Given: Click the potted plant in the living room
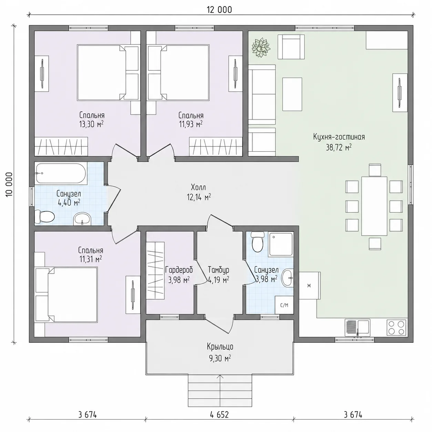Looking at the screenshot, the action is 261,48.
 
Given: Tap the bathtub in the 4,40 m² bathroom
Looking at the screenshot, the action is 61,173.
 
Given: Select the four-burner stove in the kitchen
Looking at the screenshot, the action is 397,328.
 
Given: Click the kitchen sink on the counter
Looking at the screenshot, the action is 357,328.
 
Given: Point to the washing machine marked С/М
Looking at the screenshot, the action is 284,305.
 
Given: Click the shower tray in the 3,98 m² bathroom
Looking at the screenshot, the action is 281,244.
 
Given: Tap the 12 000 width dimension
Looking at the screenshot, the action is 219,10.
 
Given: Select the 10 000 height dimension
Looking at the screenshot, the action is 9,185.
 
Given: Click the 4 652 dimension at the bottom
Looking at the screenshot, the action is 219,414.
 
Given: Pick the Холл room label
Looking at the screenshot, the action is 198,187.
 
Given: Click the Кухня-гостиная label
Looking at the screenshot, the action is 339,137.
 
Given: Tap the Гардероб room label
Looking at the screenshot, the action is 179,270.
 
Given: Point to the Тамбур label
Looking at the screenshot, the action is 218,270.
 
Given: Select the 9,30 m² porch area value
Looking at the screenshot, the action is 220,359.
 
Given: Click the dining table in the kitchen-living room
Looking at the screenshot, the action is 374,206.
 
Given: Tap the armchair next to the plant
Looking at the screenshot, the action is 291,47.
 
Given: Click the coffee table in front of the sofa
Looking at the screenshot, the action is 292,94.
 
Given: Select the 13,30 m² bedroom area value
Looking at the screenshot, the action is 91,124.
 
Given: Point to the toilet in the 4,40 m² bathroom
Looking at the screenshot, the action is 44,217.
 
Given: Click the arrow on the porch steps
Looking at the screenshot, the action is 220,390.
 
